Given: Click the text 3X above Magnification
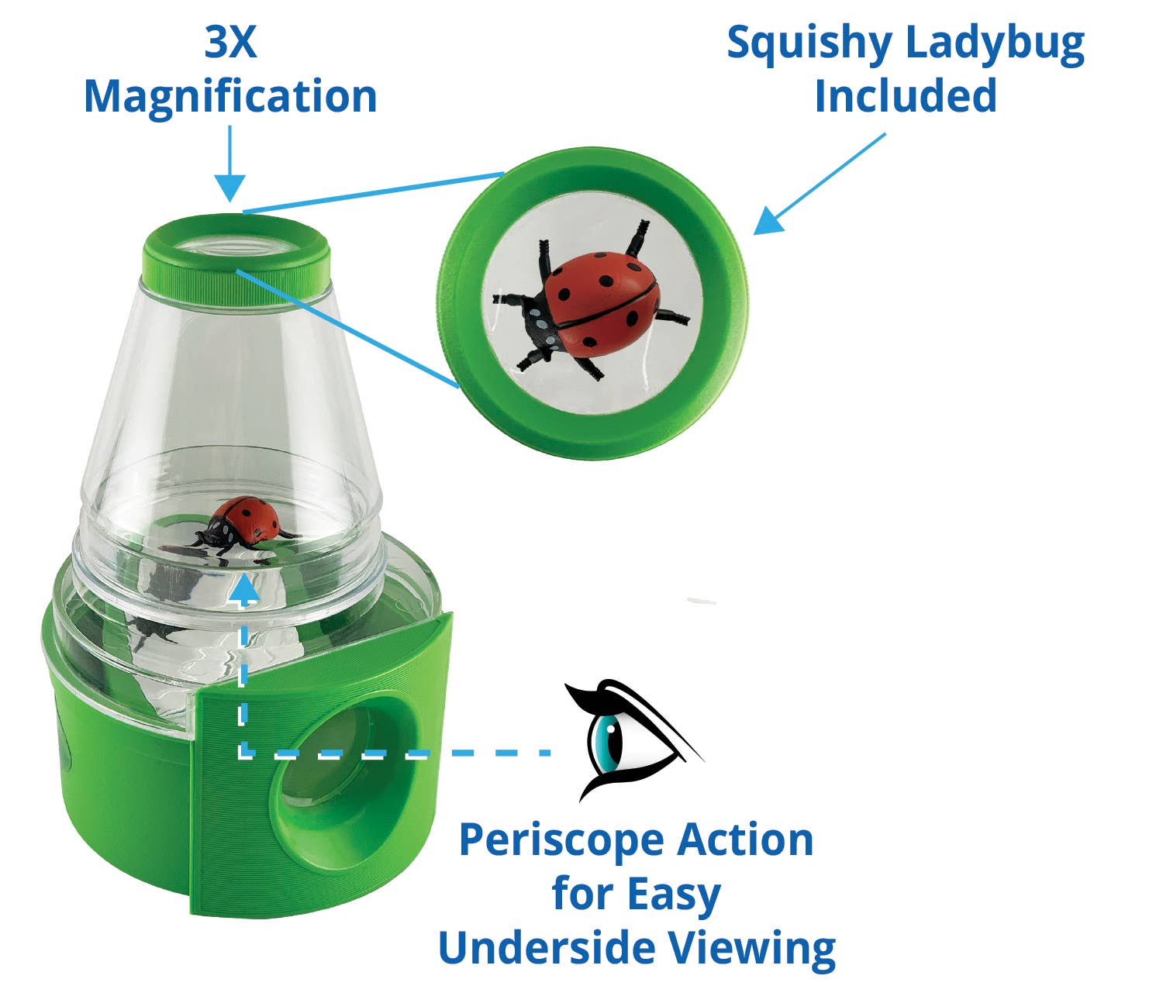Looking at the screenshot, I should (x=230, y=43).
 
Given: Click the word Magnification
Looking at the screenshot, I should (x=230, y=97).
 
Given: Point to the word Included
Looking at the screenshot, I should (x=905, y=97).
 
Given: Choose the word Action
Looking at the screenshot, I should (x=746, y=839).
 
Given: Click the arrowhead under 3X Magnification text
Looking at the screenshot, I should (x=229, y=188).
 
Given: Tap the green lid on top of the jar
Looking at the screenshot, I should (x=236, y=252).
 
